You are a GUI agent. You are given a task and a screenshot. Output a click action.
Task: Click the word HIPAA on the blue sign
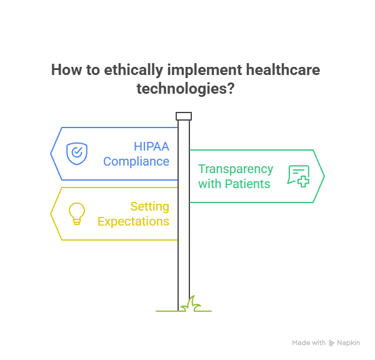point(152,147)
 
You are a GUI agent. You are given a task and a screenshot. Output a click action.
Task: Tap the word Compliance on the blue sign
point(136,161)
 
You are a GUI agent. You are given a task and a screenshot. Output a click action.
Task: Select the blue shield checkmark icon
point(77,153)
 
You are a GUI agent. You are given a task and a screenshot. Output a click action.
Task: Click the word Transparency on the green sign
point(236,169)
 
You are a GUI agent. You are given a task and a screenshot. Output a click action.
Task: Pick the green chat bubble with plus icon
point(298,176)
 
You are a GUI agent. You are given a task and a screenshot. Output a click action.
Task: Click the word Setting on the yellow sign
point(149,206)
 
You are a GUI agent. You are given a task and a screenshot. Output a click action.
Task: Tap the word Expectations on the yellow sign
point(133,221)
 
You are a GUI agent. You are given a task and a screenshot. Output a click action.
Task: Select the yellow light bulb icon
point(76,213)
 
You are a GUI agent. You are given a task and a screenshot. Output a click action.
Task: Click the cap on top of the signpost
point(184,116)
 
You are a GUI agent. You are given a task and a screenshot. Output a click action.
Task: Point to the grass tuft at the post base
point(189,304)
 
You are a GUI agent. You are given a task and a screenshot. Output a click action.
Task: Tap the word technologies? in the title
point(186,88)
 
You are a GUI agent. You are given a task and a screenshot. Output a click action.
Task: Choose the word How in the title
point(65,69)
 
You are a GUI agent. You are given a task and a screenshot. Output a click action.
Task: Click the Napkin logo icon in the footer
point(331,343)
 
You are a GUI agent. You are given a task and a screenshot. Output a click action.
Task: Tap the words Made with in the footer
point(309,343)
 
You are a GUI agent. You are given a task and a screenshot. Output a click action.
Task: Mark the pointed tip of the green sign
point(324,176)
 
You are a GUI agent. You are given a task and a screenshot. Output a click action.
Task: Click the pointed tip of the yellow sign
point(51,214)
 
